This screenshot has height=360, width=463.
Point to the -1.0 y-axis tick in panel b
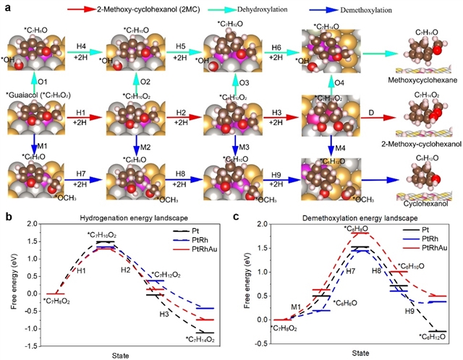point(27,329)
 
